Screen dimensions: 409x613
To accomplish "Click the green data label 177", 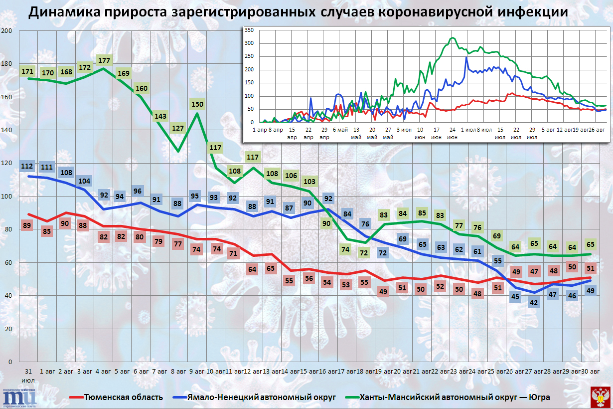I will tap(104, 60).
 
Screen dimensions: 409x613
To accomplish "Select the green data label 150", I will tap(198, 104).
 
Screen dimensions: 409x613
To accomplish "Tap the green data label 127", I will tap(178, 128).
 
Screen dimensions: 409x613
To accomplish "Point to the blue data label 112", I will tap(27, 166).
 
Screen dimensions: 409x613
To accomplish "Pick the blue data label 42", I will tap(535, 302).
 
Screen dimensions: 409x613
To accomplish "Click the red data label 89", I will tap(27, 225).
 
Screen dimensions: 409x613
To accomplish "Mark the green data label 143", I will tap(160, 116).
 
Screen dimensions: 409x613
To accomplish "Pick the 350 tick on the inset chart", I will tap(249, 30).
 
